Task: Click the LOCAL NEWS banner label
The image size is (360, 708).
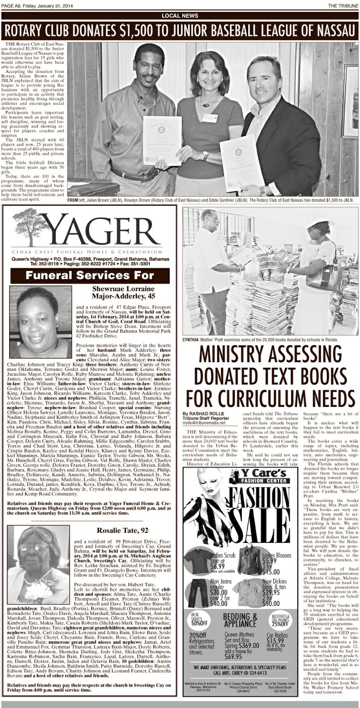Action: [x=180, y=16]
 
